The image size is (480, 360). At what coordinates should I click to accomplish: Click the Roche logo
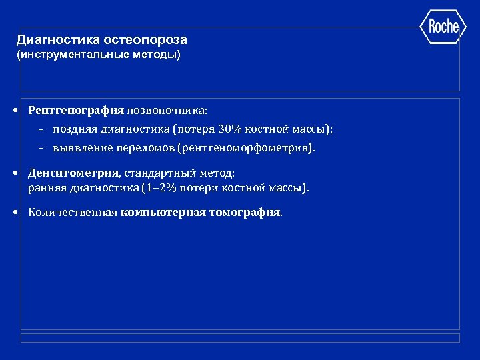(443, 27)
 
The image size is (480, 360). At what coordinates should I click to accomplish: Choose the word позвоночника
(167, 109)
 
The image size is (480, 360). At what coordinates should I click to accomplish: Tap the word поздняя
(74, 129)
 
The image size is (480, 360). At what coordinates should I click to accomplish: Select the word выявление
(79, 147)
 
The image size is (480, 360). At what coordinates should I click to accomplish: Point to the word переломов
(143, 147)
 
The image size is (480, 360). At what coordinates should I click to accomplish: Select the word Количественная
(73, 213)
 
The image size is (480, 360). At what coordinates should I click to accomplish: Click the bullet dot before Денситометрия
(15, 174)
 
